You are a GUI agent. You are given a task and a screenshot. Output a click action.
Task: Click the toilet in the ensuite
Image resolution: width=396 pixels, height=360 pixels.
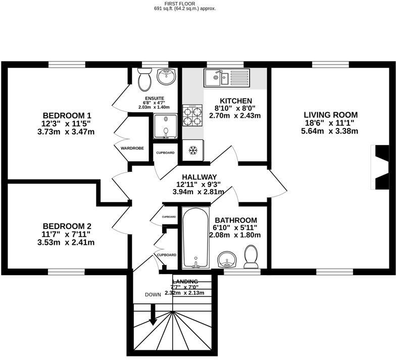tap(144, 79)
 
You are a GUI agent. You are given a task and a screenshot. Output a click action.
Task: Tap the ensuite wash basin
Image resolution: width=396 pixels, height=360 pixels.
tap(165, 77)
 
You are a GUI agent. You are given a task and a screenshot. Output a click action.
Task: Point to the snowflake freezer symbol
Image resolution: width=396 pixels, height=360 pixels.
tap(192, 150)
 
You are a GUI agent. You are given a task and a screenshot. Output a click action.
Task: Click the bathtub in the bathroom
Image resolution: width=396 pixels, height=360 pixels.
tap(194, 238)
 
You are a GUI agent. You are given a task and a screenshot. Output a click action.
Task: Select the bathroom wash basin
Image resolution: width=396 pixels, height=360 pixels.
tap(227, 260)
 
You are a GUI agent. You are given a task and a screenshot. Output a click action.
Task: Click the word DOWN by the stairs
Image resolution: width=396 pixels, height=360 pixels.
tap(153, 294)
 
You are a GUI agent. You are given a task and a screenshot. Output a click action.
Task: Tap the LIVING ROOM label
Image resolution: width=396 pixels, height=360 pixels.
tap(330, 115)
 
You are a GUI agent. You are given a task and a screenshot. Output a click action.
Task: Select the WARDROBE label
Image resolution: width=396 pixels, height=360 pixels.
tap(132, 148)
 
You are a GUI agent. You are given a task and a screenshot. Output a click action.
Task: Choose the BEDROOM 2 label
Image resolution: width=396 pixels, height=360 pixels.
tap(67, 226)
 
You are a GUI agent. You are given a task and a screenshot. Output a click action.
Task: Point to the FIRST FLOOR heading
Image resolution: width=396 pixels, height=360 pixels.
tap(184, 3)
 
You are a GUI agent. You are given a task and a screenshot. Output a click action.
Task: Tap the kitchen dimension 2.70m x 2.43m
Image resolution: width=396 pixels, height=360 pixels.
tap(235, 115)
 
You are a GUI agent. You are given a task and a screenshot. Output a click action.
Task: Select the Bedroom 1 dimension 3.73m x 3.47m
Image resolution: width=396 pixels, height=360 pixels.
tap(69, 132)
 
